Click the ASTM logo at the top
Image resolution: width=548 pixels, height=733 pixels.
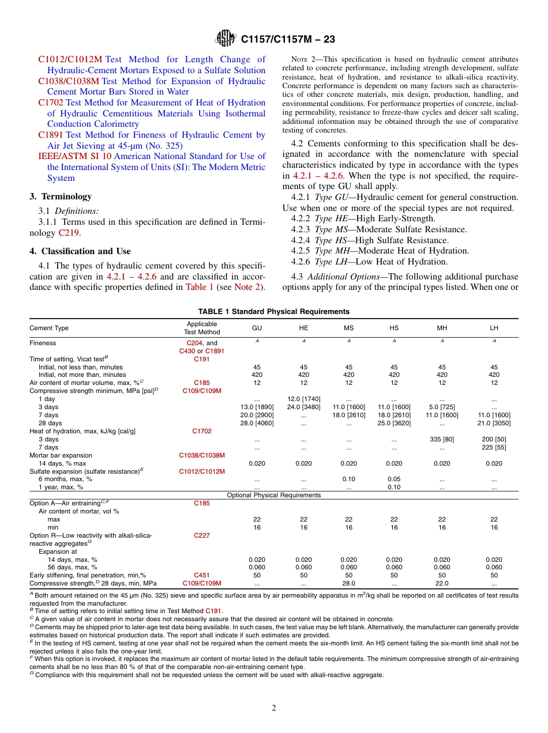[x=226, y=39]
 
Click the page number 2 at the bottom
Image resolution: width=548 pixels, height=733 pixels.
[x=274, y=708]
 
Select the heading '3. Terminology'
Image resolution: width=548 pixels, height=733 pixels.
[x=61, y=197]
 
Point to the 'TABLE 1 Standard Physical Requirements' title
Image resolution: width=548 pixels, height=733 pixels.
[x=274, y=312]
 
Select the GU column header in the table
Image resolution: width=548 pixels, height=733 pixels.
[x=257, y=328]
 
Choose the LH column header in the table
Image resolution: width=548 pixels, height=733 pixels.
[x=494, y=328]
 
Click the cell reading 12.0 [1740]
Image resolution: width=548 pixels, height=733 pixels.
[x=303, y=399]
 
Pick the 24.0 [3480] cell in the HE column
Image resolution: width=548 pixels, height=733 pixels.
[x=303, y=407]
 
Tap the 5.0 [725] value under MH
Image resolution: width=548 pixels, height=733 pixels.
[x=442, y=407]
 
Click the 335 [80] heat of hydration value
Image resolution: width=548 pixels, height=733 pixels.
[x=442, y=439]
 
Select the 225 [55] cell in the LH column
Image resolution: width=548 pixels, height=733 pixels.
[x=494, y=447]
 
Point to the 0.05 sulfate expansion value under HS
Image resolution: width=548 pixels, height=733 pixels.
[x=394, y=479]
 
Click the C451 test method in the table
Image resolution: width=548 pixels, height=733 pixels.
[x=202, y=575]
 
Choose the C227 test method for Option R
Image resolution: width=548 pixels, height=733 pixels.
[x=202, y=535]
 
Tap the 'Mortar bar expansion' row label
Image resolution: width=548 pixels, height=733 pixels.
[x=61, y=455]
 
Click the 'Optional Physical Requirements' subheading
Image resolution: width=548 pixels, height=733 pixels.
[x=274, y=495]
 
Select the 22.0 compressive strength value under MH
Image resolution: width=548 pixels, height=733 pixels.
[x=442, y=583]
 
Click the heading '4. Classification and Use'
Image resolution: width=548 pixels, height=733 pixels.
[x=80, y=251]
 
